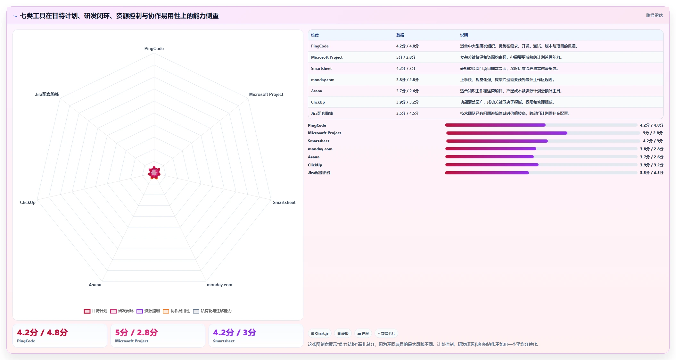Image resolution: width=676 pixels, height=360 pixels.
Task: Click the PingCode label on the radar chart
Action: coord(154,48)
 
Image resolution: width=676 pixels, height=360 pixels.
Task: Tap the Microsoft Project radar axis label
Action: coord(266,94)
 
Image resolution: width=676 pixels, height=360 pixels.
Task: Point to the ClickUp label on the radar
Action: coord(28,202)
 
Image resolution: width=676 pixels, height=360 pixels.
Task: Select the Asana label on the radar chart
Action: coord(95,285)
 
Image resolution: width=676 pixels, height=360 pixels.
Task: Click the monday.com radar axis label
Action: coord(219,285)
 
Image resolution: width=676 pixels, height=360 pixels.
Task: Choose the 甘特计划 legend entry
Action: coord(95,311)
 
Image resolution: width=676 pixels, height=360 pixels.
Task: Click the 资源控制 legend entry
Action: coord(148,311)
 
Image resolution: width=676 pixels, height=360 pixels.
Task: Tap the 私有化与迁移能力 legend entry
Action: coord(212,311)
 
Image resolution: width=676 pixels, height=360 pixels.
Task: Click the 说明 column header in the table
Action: coord(464,35)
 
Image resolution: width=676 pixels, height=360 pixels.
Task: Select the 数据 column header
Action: coord(400,35)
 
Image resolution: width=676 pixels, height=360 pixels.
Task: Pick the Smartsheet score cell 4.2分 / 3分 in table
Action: coord(406,69)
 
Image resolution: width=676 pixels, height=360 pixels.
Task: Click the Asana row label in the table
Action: coord(317,91)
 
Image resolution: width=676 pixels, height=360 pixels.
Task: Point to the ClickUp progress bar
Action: coord(541,165)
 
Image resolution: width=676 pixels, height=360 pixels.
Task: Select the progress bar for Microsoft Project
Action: coord(543,133)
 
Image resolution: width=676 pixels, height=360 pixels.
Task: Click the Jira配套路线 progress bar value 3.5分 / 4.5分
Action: coord(652,173)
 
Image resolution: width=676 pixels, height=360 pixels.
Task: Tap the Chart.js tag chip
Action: coord(320,333)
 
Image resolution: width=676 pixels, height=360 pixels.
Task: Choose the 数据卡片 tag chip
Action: coord(386,333)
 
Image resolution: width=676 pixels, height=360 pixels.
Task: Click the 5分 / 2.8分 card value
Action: coord(136,332)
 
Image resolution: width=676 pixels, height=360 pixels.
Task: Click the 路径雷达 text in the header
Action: coord(654,15)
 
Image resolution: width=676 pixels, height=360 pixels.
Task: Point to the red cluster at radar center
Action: coord(154,173)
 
